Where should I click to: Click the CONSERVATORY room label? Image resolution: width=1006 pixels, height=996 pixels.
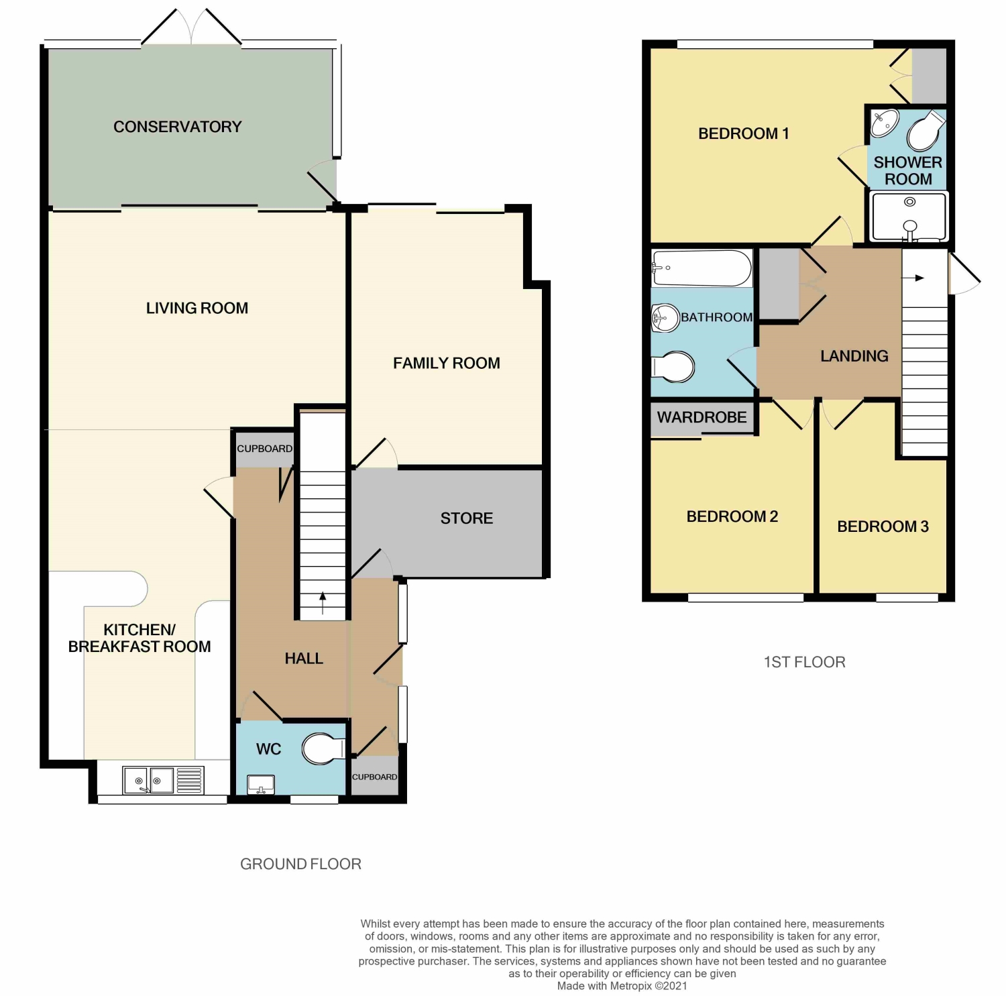[x=177, y=127]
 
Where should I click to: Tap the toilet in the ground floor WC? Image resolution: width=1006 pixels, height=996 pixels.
[x=323, y=749]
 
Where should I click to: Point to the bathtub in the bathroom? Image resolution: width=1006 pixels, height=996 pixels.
[x=702, y=268]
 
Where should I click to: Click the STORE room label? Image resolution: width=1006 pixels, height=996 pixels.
[x=467, y=518]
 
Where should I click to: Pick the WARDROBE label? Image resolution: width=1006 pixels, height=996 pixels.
[x=702, y=417]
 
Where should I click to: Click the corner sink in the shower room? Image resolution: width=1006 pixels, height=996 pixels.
[x=885, y=123]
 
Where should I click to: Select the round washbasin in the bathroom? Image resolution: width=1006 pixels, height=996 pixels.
[x=665, y=318]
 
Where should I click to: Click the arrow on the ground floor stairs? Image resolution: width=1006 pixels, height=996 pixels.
[x=323, y=603]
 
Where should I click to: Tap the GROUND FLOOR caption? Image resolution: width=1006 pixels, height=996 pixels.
[x=300, y=864]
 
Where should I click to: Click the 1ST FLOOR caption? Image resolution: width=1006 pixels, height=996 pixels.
[x=804, y=662]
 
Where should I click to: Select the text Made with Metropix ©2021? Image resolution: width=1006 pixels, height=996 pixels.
[x=622, y=986]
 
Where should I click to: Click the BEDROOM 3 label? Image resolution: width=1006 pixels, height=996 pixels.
[x=883, y=527]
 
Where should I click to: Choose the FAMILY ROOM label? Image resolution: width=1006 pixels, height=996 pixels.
[x=447, y=363]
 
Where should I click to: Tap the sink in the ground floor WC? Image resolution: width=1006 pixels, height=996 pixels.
[x=261, y=784]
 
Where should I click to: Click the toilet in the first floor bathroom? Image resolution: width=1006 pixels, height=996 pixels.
[x=673, y=367]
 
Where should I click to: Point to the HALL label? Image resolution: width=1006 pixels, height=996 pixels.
[x=304, y=659]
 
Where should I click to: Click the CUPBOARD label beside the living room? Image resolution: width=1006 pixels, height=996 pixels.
[x=265, y=449]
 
